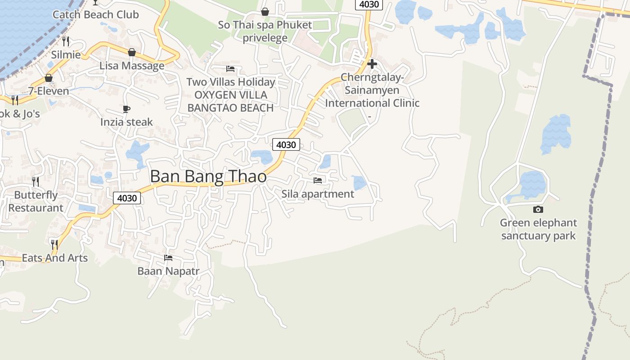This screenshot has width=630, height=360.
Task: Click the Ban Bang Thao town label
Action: [x=208, y=176]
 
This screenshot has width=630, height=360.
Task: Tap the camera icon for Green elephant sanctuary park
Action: [x=538, y=209]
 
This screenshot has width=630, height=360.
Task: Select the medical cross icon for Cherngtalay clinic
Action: [x=372, y=64]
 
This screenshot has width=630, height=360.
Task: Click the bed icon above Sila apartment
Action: [x=318, y=180]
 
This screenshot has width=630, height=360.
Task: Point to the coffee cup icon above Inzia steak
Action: [x=126, y=109]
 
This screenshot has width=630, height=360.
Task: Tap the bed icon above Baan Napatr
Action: [x=168, y=258]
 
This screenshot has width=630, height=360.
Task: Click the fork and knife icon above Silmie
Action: [x=66, y=41]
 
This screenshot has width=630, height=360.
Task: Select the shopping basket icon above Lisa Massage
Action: [x=131, y=52]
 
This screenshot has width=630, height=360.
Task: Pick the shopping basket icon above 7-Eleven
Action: [x=49, y=78]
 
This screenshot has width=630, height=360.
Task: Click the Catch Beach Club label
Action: [x=95, y=14]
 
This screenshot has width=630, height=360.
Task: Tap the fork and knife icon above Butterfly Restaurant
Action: [x=36, y=182]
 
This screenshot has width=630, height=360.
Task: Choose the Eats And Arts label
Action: [x=54, y=258]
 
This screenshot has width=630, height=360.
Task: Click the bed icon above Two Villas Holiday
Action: [x=230, y=69]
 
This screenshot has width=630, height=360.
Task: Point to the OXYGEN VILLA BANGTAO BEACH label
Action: [x=230, y=101]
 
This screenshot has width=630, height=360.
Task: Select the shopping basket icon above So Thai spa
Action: [x=265, y=12]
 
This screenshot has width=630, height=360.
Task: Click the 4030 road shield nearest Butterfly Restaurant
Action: [x=127, y=198]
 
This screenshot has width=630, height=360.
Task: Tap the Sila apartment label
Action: [x=318, y=194]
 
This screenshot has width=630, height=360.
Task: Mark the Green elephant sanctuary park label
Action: [x=538, y=229]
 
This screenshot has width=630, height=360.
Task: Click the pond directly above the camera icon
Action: [x=532, y=185]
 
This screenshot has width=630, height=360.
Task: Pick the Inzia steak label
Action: [x=126, y=122]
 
